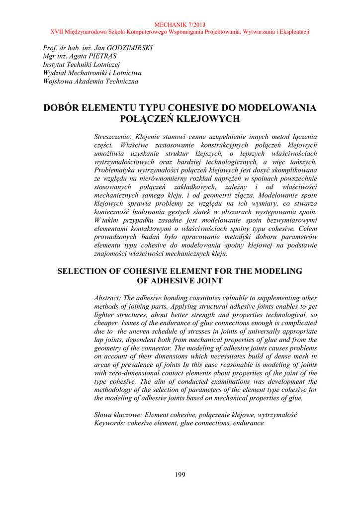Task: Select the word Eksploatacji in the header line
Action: coord(293,32)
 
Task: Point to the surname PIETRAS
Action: coord(102,57)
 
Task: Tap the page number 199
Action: coord(180,475)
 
